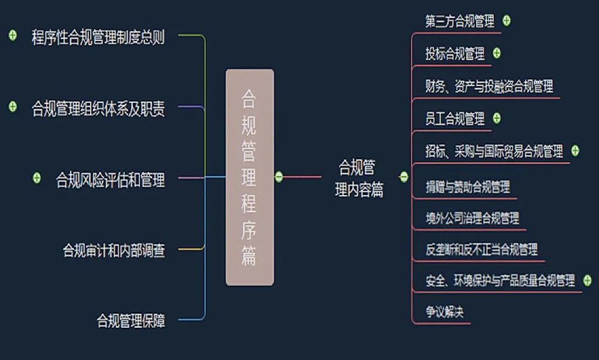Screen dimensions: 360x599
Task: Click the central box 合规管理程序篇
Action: (249, 177)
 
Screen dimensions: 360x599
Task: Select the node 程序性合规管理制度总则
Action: (98, 38)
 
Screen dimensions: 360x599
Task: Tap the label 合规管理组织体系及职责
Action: (98, 108)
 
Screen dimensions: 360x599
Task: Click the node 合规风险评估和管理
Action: (110, 179)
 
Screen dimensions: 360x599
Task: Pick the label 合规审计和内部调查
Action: (113, 251)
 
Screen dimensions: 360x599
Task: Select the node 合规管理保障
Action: (130, 320)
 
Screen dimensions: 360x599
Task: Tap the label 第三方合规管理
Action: (460, 22)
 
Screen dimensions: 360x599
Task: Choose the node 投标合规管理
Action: (455, 54)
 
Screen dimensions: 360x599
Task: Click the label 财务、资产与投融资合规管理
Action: (489, 87)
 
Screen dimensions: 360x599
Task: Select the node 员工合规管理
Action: (455, 119)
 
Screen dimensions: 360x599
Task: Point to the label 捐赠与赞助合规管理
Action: (468, 187)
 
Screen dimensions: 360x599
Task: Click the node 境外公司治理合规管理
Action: (473, 218)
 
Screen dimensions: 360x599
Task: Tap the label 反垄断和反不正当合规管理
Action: (481, 250)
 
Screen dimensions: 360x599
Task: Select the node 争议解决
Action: (444, 312)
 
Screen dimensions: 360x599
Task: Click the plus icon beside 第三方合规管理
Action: (507, 20)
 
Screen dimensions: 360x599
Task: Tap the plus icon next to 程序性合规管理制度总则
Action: (13, 36)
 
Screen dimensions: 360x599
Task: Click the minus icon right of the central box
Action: (279, 176)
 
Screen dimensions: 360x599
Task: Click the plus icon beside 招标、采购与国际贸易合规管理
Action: (575, 150)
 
